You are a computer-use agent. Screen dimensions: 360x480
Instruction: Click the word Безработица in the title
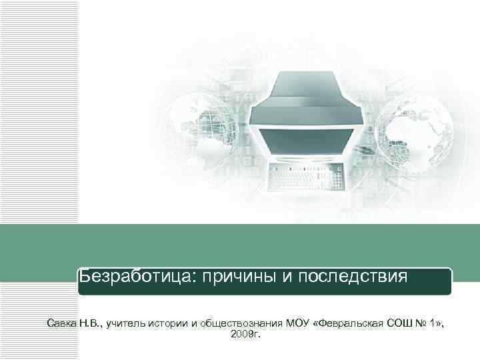134,276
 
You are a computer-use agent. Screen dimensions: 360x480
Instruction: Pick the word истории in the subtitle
170,323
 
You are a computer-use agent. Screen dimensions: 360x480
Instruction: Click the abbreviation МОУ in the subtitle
298,323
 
